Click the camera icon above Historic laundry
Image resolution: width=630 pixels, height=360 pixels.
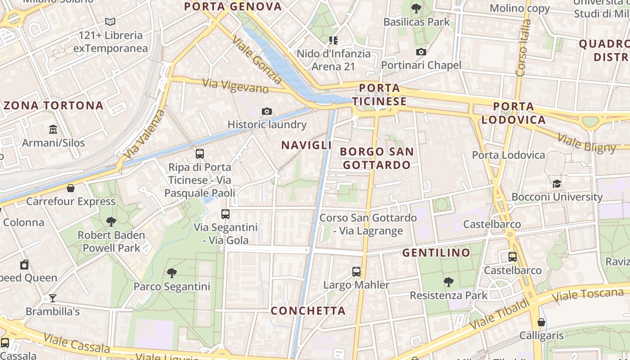coord(267,111)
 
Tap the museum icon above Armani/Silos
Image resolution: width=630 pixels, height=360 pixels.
coord(53,130)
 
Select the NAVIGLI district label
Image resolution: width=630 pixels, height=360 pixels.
coord(306,145)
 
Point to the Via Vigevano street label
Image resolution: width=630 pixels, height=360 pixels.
coord(235,85)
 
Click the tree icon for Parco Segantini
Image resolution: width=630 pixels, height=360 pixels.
coord(171,273)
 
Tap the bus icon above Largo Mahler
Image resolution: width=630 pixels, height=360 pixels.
coord(356,271)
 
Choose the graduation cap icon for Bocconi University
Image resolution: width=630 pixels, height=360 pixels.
coord(557,184)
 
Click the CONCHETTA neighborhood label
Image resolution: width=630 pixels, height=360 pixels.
coord(308,310)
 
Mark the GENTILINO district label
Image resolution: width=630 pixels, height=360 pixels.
coord(436,252)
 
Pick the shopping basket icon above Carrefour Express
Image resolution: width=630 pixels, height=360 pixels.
coord(70,188)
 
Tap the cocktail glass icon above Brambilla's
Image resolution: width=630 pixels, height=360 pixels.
coord(53,298)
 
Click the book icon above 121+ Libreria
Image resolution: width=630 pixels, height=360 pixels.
coord(110,22)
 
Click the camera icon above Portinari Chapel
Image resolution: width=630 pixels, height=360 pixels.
coord(421,52)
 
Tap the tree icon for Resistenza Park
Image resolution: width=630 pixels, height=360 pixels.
coord(448,282)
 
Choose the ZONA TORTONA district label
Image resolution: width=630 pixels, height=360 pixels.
coord(54,106)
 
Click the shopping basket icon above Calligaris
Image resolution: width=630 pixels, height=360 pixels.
coord(541,322)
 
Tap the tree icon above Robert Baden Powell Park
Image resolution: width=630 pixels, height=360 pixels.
coord(111,221)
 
